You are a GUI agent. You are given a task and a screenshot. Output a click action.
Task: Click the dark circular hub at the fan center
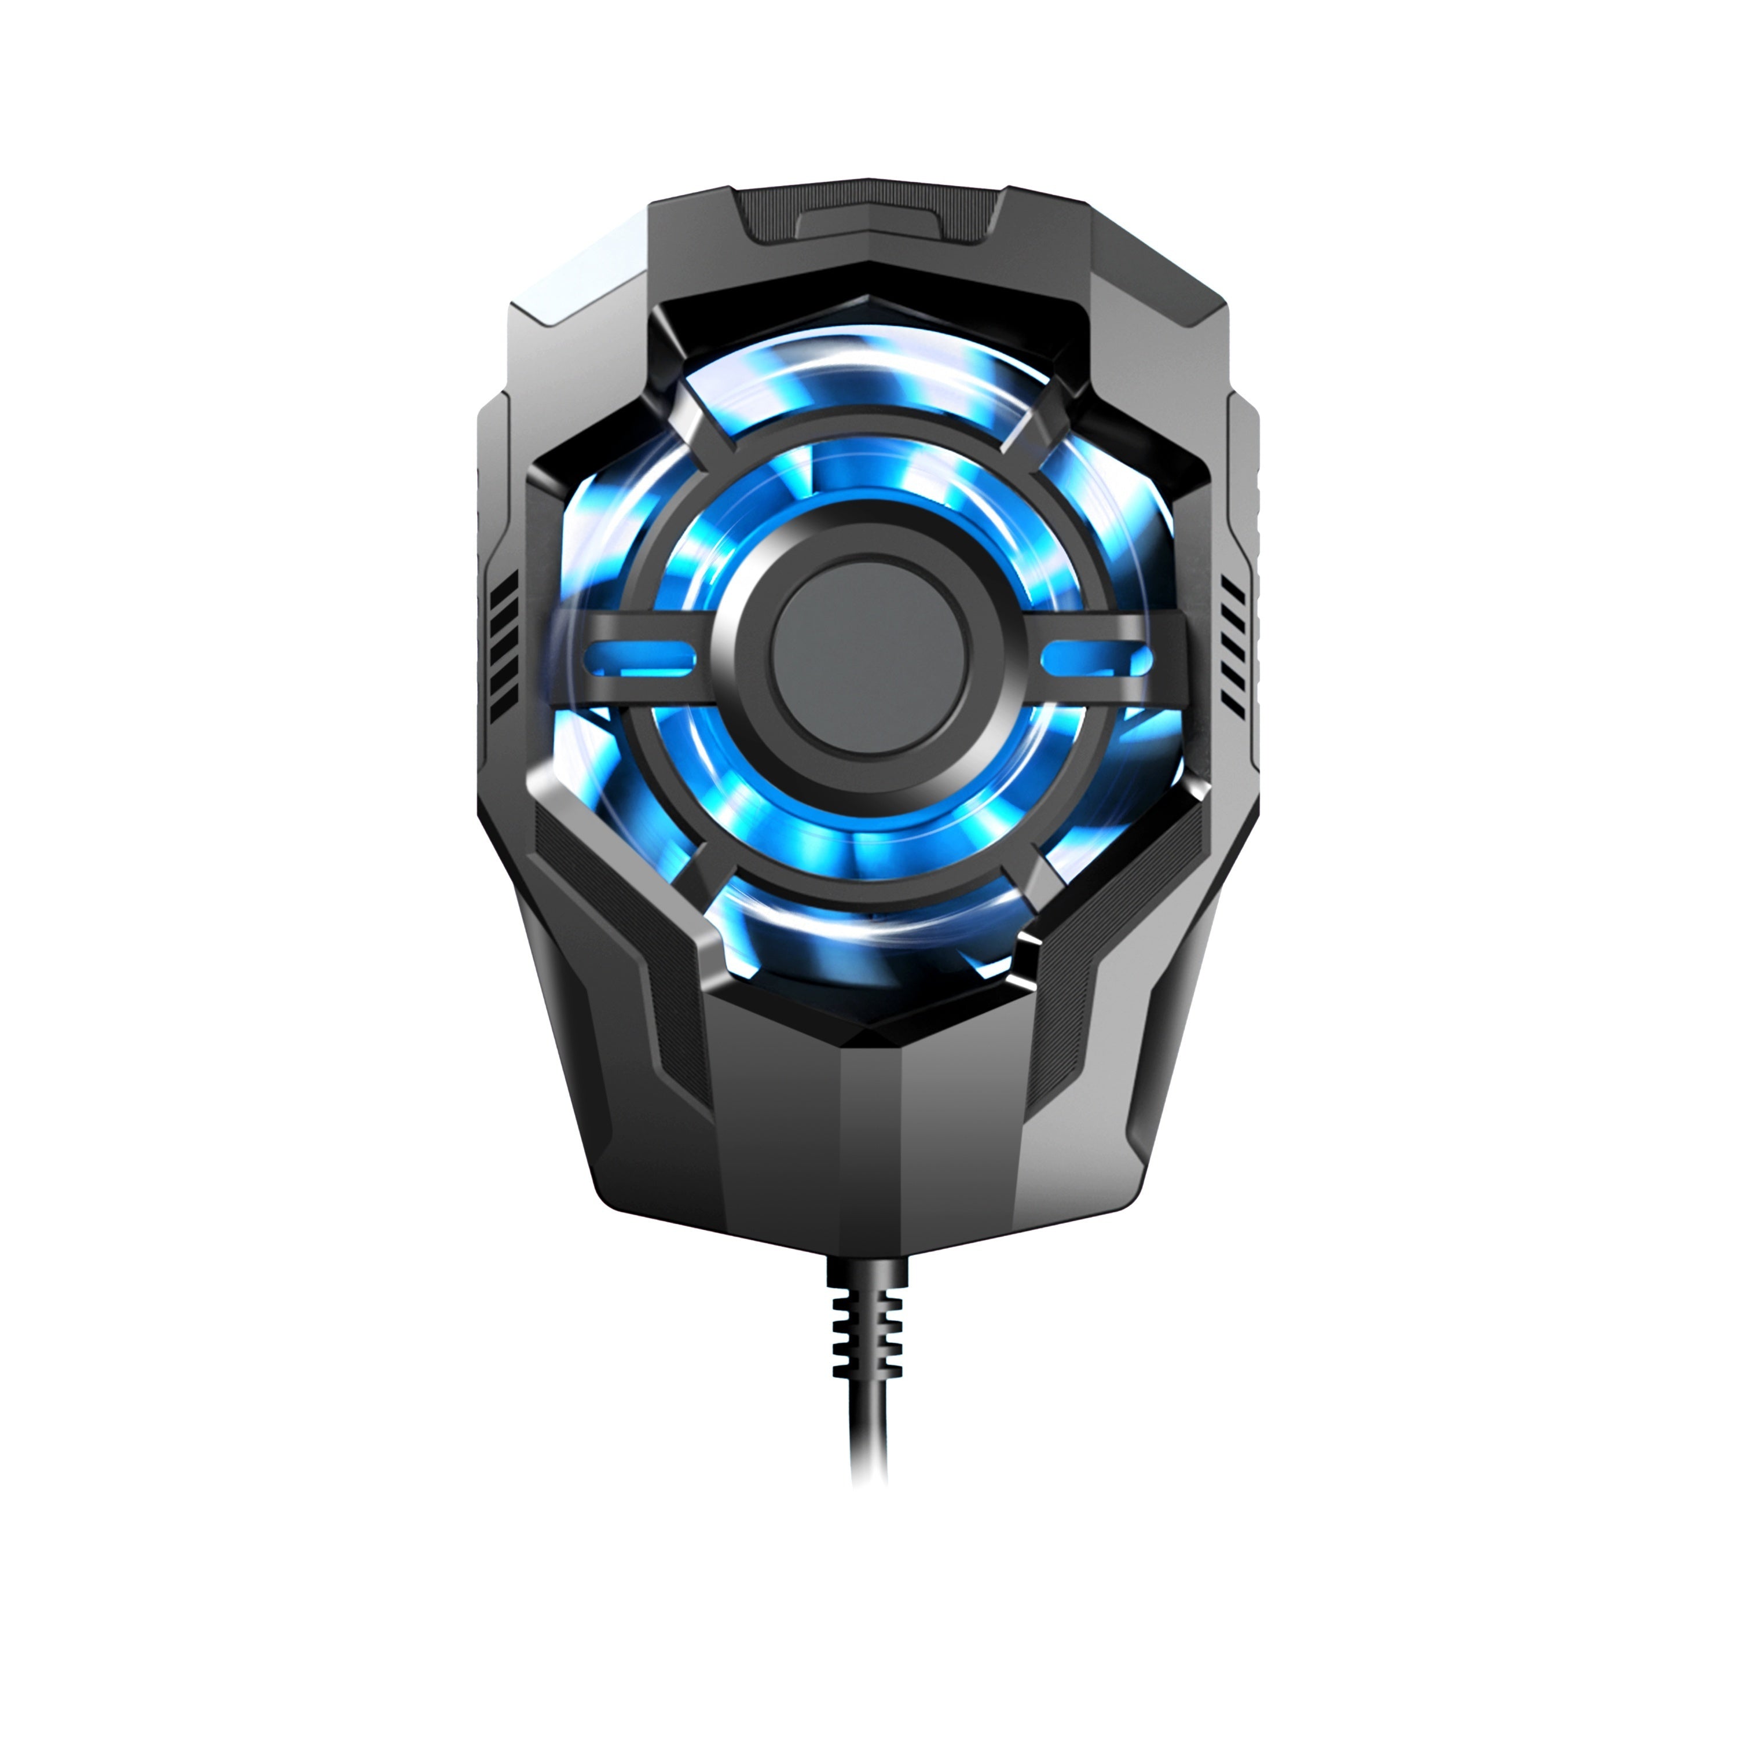coord(868,654)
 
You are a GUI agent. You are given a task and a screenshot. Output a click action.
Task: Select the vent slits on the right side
coord(1233,646)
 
